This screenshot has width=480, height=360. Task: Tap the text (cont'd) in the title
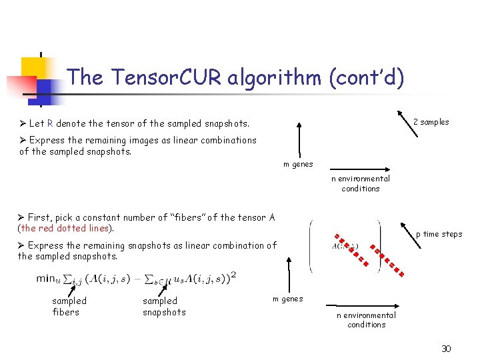tap(366, 78)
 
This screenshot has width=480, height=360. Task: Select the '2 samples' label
tap(431, 122)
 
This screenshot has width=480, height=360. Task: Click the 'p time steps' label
tap(439, 234)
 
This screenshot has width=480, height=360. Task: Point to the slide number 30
tap(446, 349)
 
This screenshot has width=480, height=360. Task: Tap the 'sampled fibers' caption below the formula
tap(69, 307)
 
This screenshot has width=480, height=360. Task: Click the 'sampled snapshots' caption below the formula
tap(164, 307)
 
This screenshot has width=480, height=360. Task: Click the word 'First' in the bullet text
tap(40, 217)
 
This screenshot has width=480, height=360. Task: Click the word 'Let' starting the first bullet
tap(37, 123)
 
